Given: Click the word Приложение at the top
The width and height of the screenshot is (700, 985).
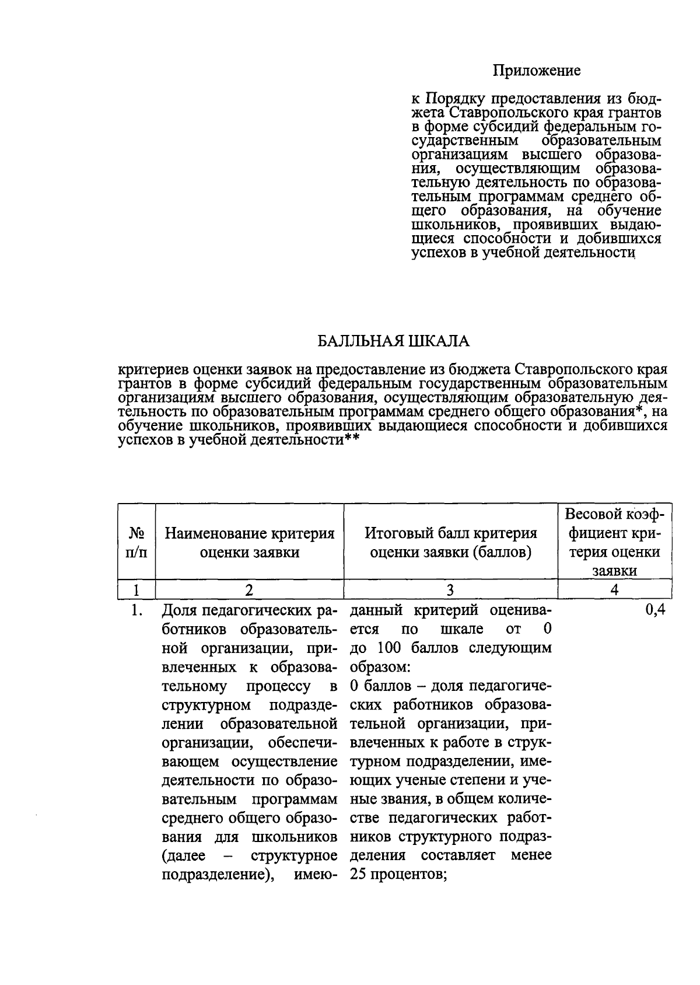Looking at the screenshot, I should click(x=537, y=71).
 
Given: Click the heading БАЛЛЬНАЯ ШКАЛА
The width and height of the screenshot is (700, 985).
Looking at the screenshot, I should click(x=393, y=341).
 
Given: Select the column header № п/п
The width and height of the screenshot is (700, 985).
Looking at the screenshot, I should click(x=136, y=542).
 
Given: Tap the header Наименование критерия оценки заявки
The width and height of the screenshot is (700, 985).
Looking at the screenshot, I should click(x=249, y=542).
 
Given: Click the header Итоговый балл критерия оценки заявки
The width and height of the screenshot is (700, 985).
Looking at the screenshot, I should click(x=450, y=542).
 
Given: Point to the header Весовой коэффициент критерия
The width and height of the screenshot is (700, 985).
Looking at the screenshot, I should click(x=614, y=542).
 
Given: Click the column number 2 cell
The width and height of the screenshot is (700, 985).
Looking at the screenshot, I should click(x=249, y=590).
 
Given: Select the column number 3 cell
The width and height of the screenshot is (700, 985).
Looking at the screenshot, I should click(x=450, y=590).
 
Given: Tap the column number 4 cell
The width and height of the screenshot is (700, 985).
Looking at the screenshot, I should click(x=614, y=590).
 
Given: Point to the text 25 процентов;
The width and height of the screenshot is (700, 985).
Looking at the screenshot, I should click(x=398, y=875).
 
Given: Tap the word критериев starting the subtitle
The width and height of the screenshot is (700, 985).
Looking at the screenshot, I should click(x=153, y=370).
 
